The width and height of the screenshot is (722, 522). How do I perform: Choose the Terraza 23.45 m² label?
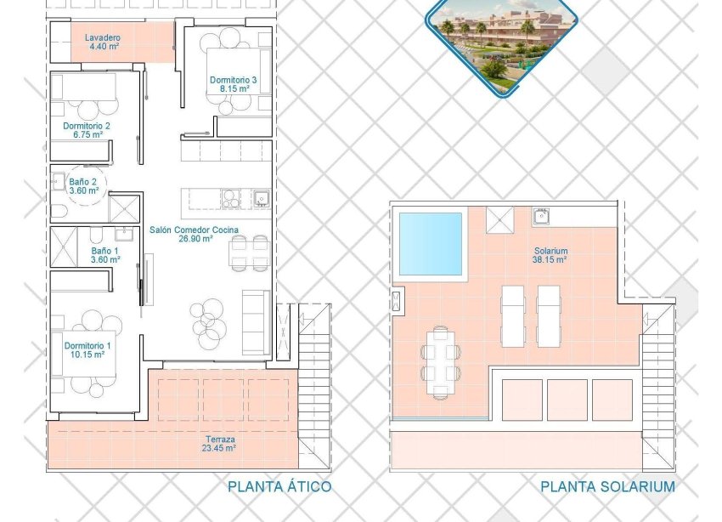tap(218, 443)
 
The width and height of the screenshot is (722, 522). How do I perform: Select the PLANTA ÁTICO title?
tap(279, 487)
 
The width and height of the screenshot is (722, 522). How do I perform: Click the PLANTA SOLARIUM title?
tap(607, 487)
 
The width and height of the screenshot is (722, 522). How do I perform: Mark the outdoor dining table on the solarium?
tap(439, 360)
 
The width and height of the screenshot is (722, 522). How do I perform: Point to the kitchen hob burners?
tap(232, 198)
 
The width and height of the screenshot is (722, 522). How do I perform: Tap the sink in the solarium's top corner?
tap(541, 215)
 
